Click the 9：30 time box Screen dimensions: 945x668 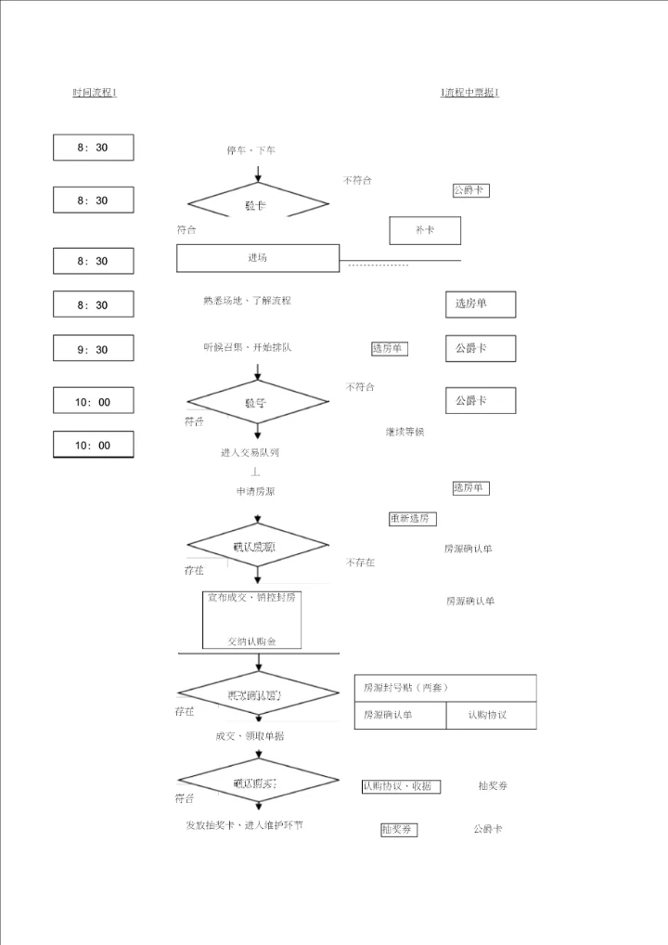(93, 349)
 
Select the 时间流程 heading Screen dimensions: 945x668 (95, 93)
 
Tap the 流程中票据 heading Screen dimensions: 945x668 (470, 93)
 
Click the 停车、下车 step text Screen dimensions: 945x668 (250, 150)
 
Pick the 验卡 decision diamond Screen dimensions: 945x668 (257, 204)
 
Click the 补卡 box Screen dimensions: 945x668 (425, 229)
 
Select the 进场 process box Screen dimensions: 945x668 (258, 258)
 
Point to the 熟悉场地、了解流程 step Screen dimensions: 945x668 (247, 301)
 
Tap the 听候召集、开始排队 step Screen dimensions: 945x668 (248, 347)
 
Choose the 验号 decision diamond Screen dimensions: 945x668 (257, 403)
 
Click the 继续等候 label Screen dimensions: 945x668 (405, 432)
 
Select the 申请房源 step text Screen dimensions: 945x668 (255, 491)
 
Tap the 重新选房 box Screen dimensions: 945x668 (413, 519)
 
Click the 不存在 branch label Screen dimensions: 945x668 (361, 563)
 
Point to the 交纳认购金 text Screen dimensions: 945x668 (252, 641)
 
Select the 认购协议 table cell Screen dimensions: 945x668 (487, 715)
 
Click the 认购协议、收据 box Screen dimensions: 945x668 (401, 786)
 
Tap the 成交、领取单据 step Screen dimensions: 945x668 (250, 736)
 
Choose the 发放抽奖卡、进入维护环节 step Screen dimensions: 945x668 (244, 825)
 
